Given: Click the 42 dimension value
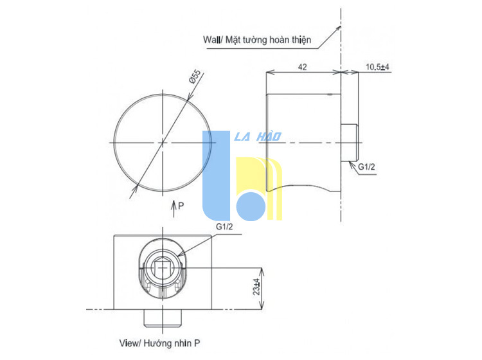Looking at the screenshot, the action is [x=303, y=67].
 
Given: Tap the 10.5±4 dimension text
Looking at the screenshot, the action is [x=377, y=67].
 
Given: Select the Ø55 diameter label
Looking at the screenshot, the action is [x=195, y=76].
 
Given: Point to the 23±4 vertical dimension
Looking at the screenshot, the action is [x=256, y=287].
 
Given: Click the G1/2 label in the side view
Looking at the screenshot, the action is [x=366, y=166].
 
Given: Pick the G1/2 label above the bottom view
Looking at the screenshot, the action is [x=224, y=226].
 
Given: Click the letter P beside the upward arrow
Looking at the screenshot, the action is [x=181, y=206].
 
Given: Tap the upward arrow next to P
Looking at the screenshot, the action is [x=174, y=209].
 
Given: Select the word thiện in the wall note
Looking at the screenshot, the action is [x=301, y=40].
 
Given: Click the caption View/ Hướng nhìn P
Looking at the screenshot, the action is [x=159, y=343].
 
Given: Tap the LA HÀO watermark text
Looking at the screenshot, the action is [x=258, y=136].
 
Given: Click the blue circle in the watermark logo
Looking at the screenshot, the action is [x=251, y=206].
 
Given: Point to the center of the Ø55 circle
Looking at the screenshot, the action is [x=163, y=143].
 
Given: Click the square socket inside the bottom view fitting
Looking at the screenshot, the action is [x=163, y=268].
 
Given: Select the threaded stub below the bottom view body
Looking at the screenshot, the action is [x=163, y=318].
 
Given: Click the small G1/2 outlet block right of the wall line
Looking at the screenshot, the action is [x=350, y=143].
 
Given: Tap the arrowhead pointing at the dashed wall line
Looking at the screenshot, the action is [x=338, y=29].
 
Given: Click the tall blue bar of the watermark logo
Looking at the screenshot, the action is [x=216, y=175].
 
